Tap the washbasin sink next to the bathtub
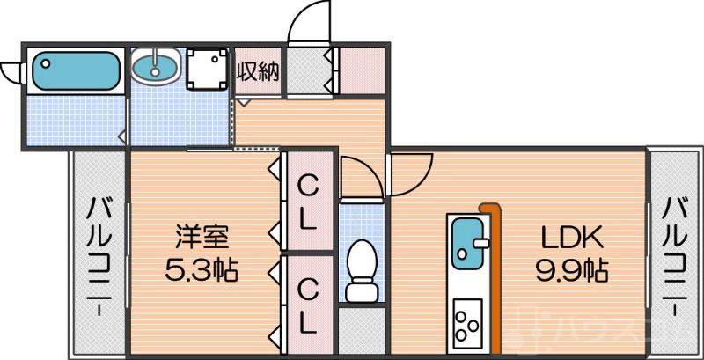point(157,67)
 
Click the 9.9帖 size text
point(573,268)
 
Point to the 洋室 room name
point(202,237)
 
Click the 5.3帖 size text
point(202,268)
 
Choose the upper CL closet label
point(306,202)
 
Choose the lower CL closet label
point(306,305)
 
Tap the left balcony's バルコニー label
point(99,254)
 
